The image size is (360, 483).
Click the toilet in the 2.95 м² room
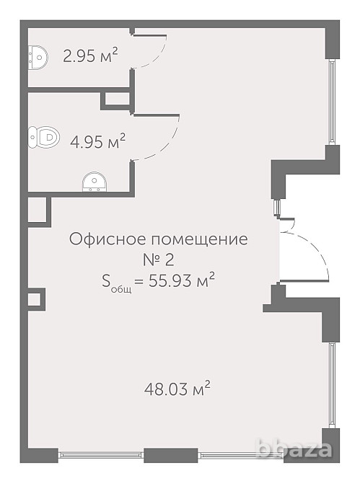point(37,55)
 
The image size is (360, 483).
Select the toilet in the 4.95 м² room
point(43,136)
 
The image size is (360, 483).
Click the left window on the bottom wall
point(101,455)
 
